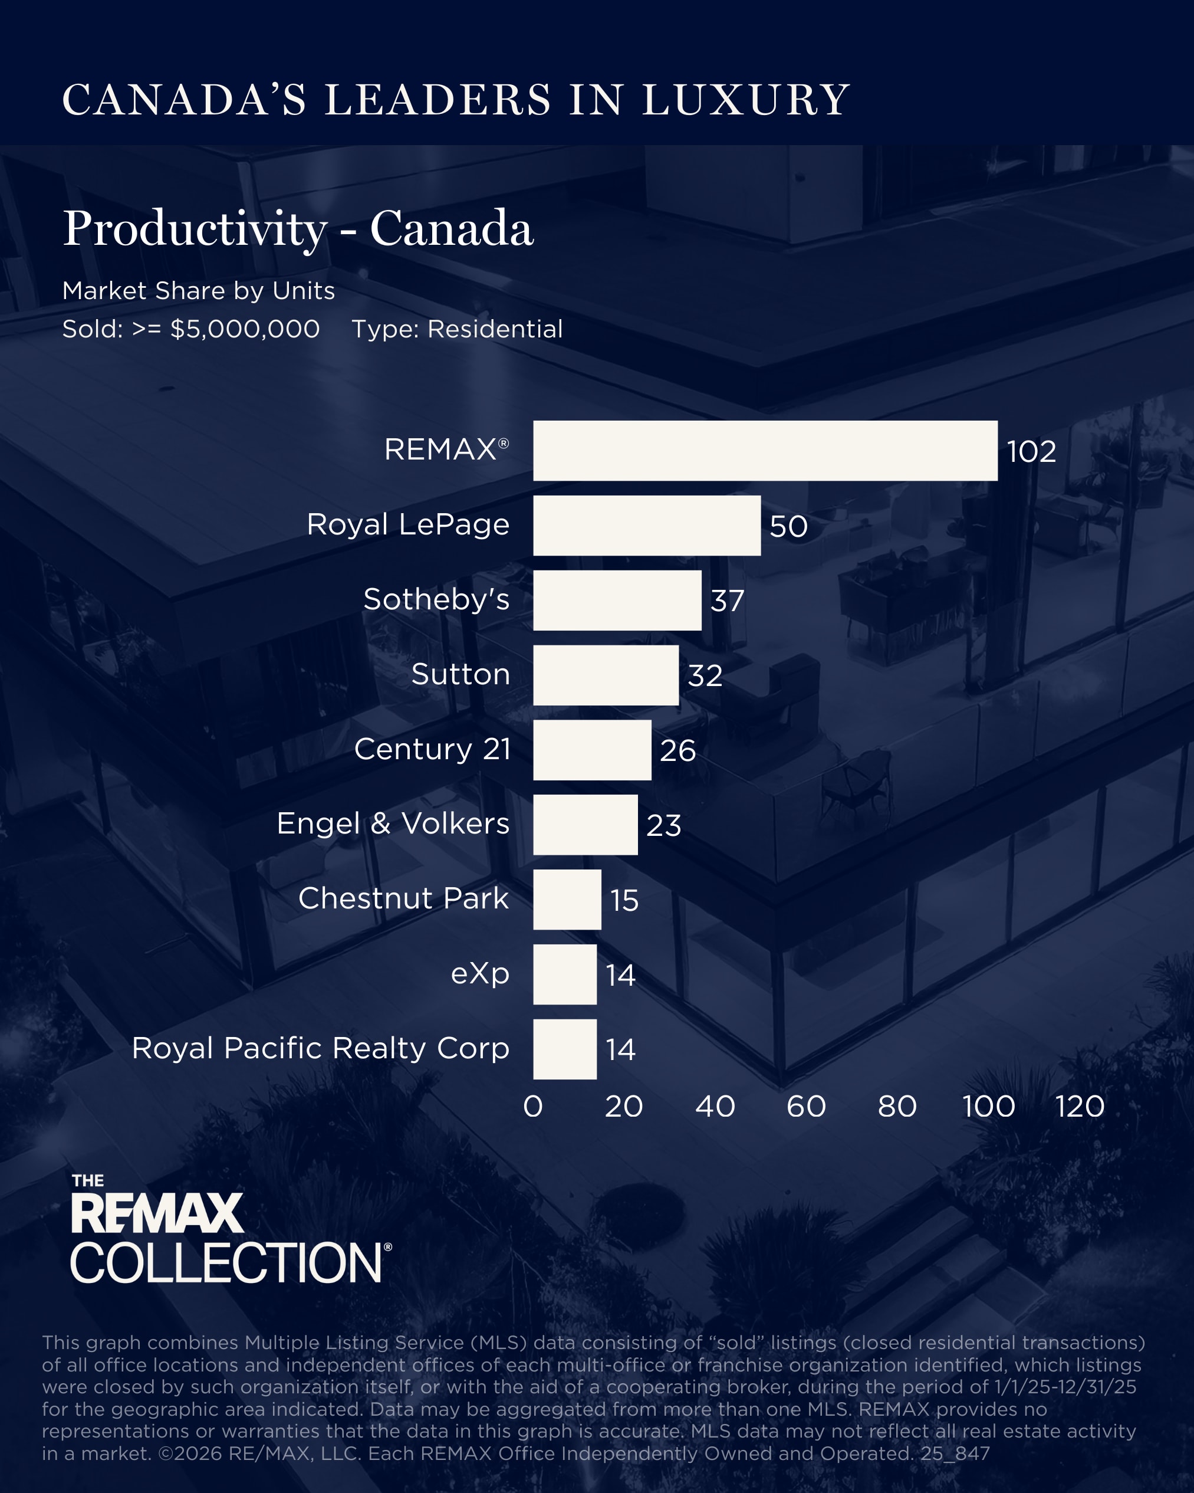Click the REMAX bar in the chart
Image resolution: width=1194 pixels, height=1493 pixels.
pos(765,450)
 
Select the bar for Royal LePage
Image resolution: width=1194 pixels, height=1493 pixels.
pos(646,525)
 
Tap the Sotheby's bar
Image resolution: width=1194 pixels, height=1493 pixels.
pos(617,601)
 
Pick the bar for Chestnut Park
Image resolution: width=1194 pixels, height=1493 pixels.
pos(567,900)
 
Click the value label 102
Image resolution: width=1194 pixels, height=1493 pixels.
pos(1031,451)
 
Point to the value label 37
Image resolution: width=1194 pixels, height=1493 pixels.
pos(727,601)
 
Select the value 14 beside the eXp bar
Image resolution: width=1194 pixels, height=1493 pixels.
pos(620,975)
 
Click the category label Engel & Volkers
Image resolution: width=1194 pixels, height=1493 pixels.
pos(393,823)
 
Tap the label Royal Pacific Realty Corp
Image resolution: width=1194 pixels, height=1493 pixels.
pos(321,1048)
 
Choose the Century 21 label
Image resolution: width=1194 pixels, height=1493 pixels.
pos(432,749)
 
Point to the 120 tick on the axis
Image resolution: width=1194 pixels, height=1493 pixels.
pos(1079,1106)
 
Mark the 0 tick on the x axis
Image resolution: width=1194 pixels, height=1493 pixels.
pos(533,1106)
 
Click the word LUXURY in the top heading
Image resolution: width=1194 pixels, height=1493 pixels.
pos(745,100)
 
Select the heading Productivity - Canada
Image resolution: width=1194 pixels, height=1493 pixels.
pos(298,228)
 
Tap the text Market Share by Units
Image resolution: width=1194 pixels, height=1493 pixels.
pos(199,291)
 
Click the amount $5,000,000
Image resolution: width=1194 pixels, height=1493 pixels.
pos(245,329)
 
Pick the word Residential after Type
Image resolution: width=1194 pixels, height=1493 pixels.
pos(495,329)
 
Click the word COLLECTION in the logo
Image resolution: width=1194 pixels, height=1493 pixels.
pos(226,1262)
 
